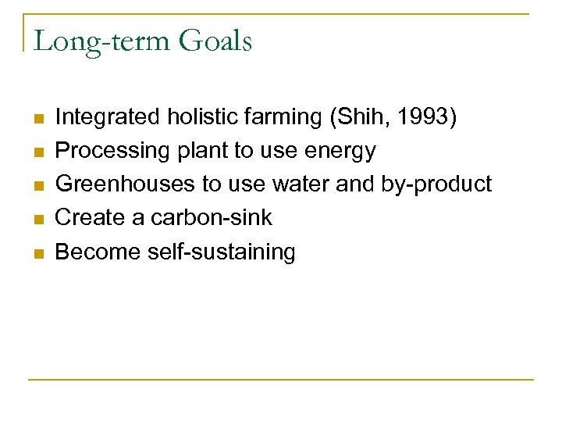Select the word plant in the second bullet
tap(203, 151)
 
